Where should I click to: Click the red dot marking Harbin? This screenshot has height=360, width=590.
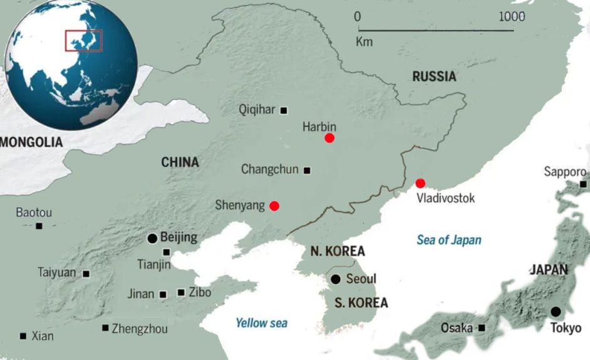[329, 138]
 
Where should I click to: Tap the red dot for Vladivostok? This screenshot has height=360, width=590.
[420, 183]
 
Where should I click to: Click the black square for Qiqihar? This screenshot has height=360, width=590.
[284, 110]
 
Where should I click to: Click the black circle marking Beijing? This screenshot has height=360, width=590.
[152, 238]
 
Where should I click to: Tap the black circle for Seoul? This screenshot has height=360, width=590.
[336, 279]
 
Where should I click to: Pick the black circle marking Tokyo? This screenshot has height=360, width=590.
[556, 311]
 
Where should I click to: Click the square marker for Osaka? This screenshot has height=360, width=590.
[482, 327]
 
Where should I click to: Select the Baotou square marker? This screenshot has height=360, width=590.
[39, 225]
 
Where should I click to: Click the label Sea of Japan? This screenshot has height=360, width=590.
[448, 240]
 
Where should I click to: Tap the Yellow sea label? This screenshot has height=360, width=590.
[261, 323]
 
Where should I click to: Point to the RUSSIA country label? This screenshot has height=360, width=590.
[434, 77]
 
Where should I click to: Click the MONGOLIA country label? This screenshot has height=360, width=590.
[31, 142]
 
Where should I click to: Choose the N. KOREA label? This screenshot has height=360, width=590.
[337, 251]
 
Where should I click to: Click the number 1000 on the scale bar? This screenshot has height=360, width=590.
[512, 17]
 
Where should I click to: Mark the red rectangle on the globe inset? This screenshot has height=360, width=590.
[84, 41]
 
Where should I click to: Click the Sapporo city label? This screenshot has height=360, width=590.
[564, 172]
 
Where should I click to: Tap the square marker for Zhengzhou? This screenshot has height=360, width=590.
[105, 327]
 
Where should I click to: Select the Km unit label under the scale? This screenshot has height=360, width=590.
[363, 42]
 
